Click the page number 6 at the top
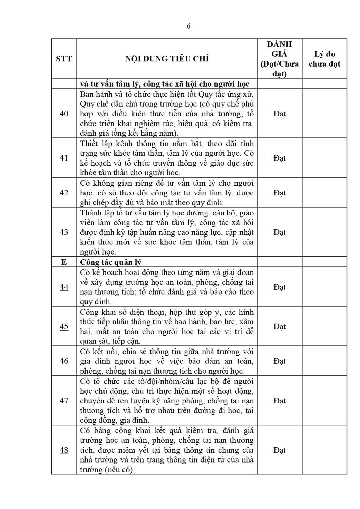click(x=189, y=26)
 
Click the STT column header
click(x=64, y=59)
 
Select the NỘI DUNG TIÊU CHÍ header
click(x=167, y=59)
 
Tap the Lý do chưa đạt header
click(x=324, y=59)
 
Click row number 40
click(x=64, y=113)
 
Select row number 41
click(x=64, y=158)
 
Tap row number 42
click(x=64, y=193)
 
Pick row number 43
click(x=64, y=232)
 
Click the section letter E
click(x=64, y=262)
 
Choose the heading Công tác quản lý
click(x=111, y=262)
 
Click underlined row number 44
click(x=64, y=287)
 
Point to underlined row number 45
click(x=64, y=326)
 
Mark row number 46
click(x=64, y=361)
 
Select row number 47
click(x=64, y=401)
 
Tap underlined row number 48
click(x=64, y=450)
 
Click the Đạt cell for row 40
click(x=279, y=113)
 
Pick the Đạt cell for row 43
click(x=279, y=232)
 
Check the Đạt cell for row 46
click(x=279, y=361)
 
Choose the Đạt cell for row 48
click(x=279, y=450)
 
